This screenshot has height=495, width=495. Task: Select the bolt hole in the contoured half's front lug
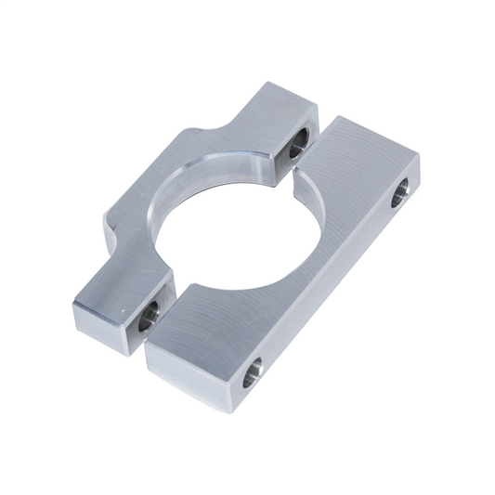click(x=149, y=319)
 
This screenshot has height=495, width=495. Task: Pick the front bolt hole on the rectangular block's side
click(x=252, y=371)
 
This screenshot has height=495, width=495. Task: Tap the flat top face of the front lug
click(x=121, y=288)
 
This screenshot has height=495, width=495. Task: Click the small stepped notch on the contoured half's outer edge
click(x=111, y=223)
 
